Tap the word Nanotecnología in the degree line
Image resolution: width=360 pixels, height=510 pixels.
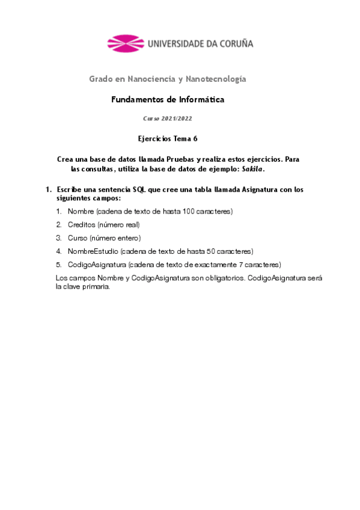point(216,79)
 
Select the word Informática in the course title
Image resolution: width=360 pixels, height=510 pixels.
point(201,100)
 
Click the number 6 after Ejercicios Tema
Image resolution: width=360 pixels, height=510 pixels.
point(195,139)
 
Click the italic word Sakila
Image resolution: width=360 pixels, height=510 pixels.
point(252,170)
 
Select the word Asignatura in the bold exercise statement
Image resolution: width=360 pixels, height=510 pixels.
point(259,189)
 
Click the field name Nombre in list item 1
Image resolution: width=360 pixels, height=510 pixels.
point(81,211)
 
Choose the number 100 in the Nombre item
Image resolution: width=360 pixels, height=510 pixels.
point(186,211)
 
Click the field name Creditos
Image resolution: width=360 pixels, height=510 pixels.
point(82,224)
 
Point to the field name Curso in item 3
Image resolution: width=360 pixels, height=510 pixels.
point(78,238)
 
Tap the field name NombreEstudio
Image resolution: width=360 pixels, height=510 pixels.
point(93,251)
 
